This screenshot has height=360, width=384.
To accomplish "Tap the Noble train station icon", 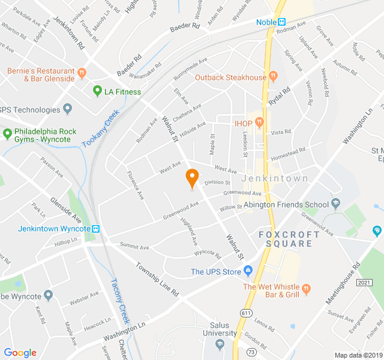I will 281,22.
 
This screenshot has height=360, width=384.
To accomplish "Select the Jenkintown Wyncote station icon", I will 95,229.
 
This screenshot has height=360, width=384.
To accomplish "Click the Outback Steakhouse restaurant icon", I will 273,77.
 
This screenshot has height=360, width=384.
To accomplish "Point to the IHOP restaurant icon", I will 259,123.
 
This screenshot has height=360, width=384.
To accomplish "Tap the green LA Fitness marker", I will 97,91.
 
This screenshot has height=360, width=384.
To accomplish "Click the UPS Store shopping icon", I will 248,271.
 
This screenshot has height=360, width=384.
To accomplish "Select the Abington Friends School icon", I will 335,204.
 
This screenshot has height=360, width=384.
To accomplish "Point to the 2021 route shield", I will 364,282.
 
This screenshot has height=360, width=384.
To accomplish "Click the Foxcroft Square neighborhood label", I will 286,239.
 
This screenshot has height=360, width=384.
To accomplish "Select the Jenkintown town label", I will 275,178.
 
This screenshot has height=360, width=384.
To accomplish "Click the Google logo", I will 20,352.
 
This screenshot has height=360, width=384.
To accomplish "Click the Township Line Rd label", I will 157,280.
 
